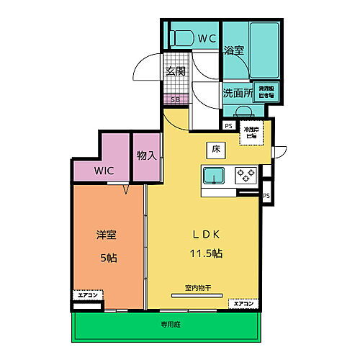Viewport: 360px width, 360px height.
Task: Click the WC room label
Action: pos(207,37)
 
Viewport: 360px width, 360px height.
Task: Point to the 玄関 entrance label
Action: pos(176,71)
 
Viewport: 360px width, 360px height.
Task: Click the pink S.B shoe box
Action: pos(176,99)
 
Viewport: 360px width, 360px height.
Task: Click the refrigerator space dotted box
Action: pos(251,132)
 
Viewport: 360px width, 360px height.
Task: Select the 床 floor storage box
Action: pos(215,149)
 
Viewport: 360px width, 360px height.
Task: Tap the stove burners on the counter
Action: pos(246,175)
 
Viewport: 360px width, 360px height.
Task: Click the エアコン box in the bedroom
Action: pos(88,294)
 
